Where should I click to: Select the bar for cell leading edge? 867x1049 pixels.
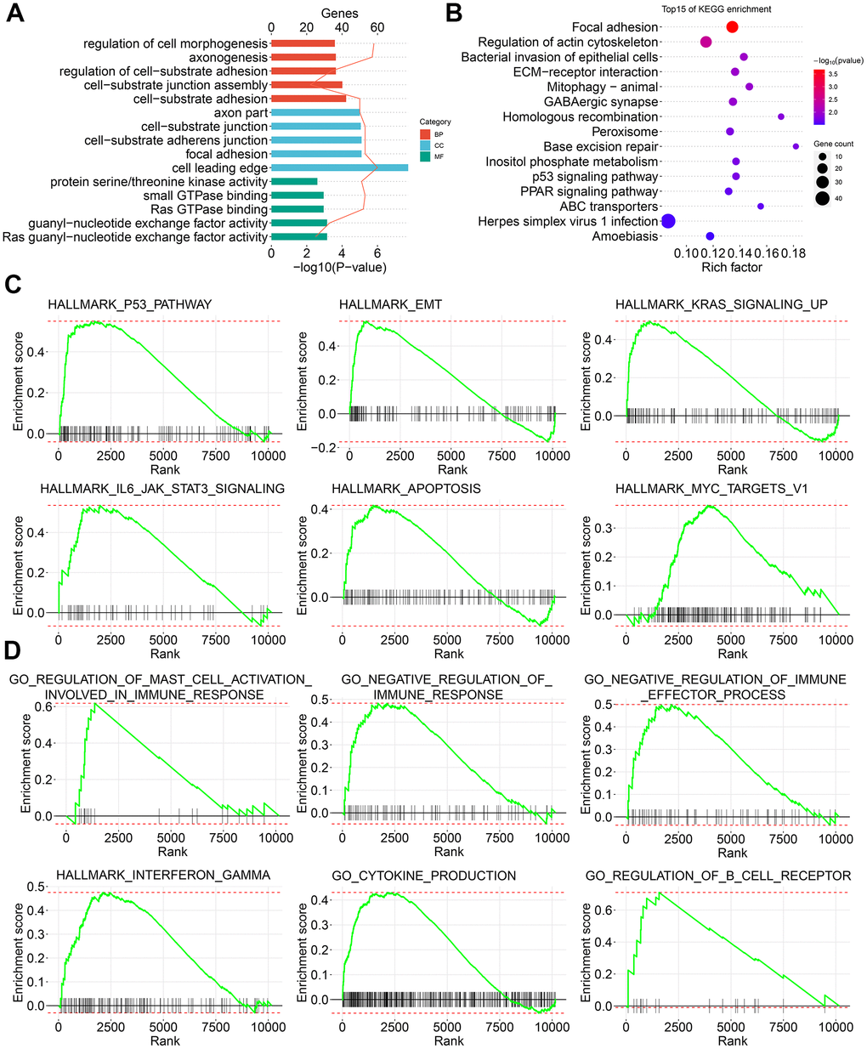[x=339, y=168]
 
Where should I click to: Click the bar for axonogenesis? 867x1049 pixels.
[x=303, y=58]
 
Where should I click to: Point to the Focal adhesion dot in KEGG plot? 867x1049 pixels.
[x=732, y=28]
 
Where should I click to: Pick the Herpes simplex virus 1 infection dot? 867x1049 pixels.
[x=668, y=222]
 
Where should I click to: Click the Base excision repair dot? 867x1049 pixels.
[x=796, y=147]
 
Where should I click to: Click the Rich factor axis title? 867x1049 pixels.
[x=732, y=267]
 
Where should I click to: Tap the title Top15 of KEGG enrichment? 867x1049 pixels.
[x=717, y=9]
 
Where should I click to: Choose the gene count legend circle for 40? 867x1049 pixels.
[x=822, y=199]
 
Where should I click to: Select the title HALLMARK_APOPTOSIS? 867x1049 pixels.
[x=406, y=489]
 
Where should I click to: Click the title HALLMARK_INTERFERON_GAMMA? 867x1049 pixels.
[x=163, y=876]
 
